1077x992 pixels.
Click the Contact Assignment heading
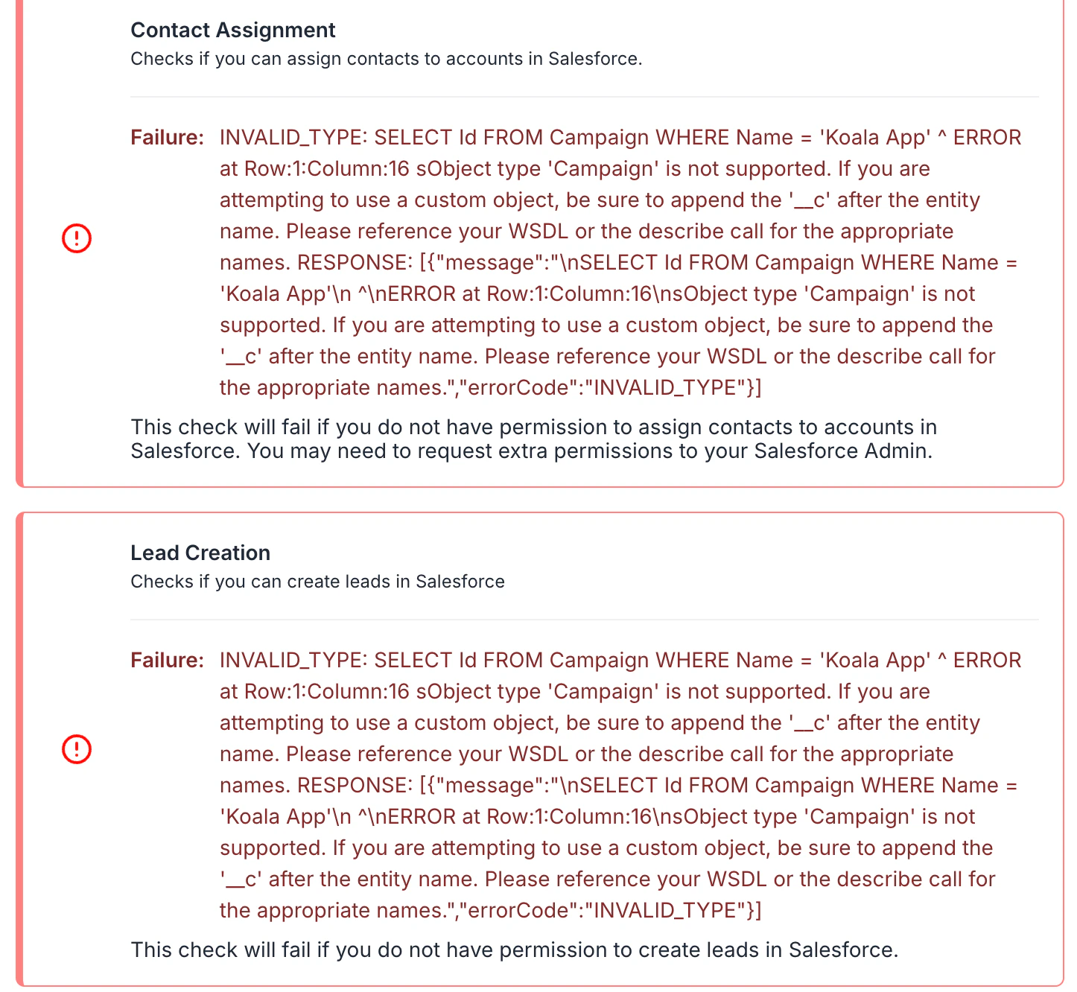232,30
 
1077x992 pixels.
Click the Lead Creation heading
200,553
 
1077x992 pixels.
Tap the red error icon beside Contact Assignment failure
76,238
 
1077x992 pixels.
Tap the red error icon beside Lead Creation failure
76,749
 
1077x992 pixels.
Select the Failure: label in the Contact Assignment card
167,138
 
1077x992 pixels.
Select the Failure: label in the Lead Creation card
167,661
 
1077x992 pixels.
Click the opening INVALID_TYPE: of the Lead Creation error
293,661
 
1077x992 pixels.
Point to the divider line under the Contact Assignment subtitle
584,97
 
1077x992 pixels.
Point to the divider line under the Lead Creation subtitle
584,620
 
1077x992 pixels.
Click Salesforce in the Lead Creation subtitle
460,582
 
